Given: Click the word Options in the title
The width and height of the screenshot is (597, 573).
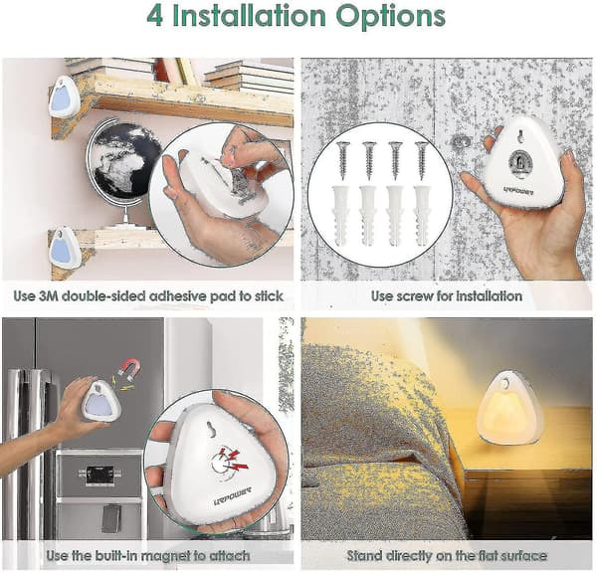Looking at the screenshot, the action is click(391, 17).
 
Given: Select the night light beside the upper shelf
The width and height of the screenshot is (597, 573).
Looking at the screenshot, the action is click(64, 97).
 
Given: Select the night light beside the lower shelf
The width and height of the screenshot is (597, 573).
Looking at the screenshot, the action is click(64, 247).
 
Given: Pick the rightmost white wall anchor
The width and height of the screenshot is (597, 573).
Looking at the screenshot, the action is click(422, 215).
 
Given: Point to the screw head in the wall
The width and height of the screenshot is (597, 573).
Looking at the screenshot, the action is click(462, 141).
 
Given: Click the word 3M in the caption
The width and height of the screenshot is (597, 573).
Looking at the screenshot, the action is click(48, 295).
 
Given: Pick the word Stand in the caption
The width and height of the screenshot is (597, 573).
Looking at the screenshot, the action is click(363, 555).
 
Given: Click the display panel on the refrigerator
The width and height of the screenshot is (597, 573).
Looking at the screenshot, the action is click(100, 474).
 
